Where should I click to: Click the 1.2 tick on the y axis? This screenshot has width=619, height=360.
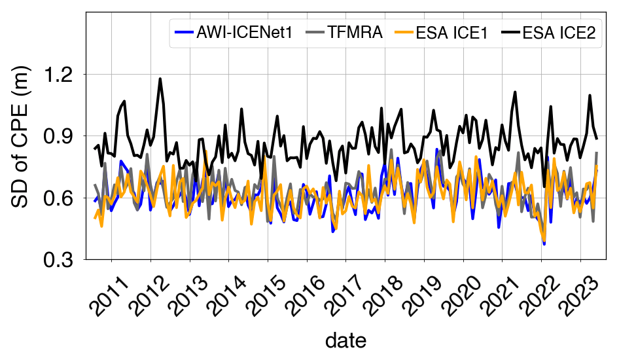click(x=60, y=75)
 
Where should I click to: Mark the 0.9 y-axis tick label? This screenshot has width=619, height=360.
click(x=60, y=136)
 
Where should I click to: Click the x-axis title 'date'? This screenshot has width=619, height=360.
click(x=345, y=340)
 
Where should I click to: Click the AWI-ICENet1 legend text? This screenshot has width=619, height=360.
click(x=245, y=33)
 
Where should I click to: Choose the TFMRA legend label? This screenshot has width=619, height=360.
click(x=355, y=33)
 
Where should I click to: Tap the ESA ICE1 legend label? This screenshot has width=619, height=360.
click(x=452, y=33)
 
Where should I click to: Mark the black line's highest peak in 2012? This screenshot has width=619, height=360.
click(x=160, y=79)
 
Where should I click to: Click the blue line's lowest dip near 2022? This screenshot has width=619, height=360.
click(x=544, y=243)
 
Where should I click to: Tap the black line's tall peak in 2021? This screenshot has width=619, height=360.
click(x=515, y=92)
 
